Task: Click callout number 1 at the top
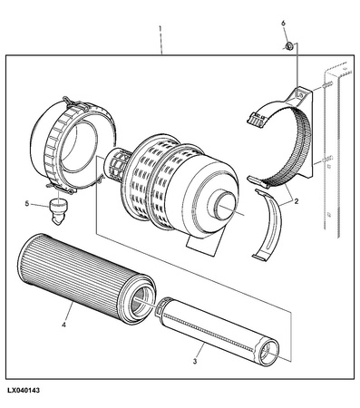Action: pos(160,29)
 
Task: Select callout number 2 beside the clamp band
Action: pos(296,201)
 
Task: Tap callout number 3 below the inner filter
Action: pos(195,361)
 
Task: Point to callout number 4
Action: pos(63,325)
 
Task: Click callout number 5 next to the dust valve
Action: pos(27,204)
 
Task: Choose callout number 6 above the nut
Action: pos(283,24)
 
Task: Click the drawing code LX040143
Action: pos(24,391)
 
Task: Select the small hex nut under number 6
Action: pos(288,46)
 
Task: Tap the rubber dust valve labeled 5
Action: pos(58,211)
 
